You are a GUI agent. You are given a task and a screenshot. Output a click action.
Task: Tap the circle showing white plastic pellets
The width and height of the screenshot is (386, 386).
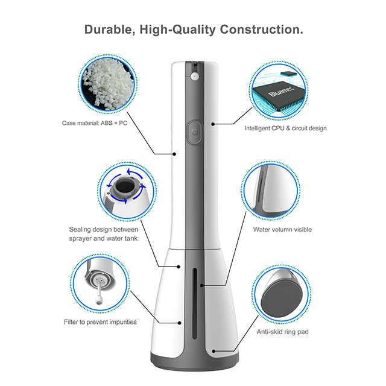[109, 86]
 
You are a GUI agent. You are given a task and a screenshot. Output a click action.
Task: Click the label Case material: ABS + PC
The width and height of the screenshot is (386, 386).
[94, 123]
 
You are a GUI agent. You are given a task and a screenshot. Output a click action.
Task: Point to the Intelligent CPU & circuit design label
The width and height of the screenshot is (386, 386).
[285, 128]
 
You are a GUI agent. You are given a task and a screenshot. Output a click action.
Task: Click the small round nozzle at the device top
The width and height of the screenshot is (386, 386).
[194, 77]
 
